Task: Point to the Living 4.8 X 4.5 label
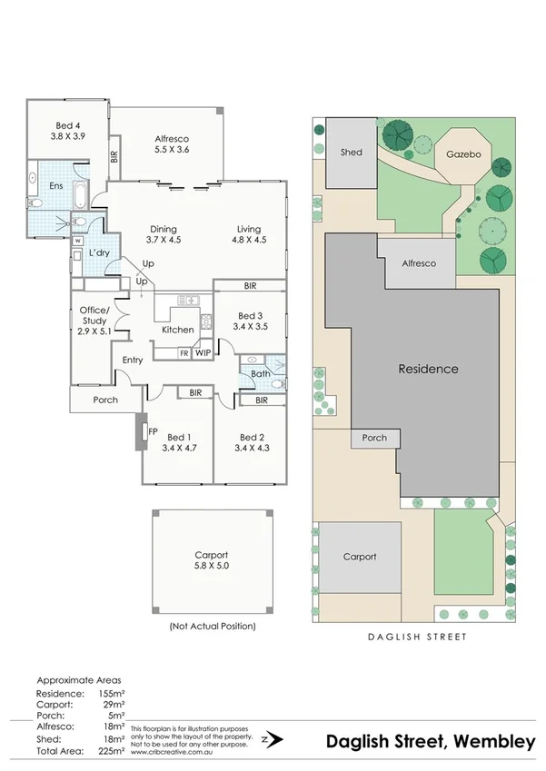click(250, 235)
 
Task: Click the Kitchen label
click(177, 330)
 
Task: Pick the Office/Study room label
click(94, 321)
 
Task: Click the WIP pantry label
click(203, 352)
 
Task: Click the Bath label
click(260, 373)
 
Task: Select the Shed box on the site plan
click(351, 153)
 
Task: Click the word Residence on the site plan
click(428, 370)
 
